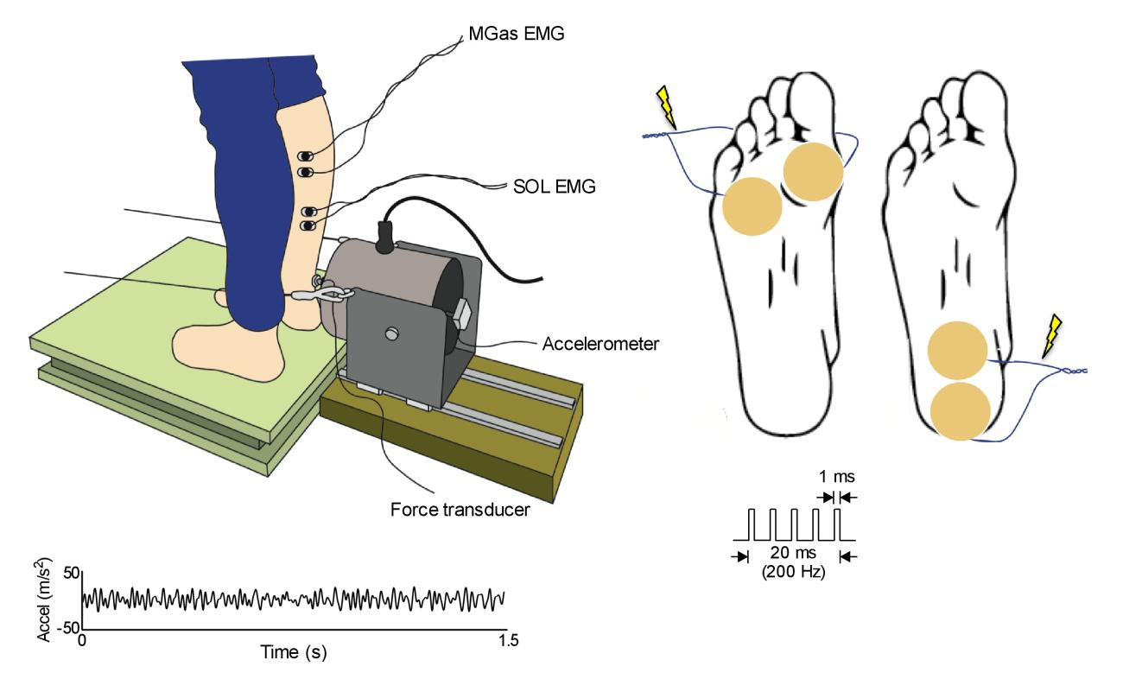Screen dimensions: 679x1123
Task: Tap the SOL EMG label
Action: (x=551, y=187)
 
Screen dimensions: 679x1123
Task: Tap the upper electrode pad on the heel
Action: (x=957, y=349)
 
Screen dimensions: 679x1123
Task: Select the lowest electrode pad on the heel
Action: (x=961, y=409)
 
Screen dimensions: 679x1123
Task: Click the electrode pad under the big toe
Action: (x=812, y=171)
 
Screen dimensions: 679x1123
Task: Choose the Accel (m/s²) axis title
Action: (x=47, y=599)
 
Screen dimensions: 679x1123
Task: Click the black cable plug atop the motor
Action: (x=384, y=232)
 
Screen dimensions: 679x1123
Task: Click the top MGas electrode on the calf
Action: (x=307, y=156)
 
